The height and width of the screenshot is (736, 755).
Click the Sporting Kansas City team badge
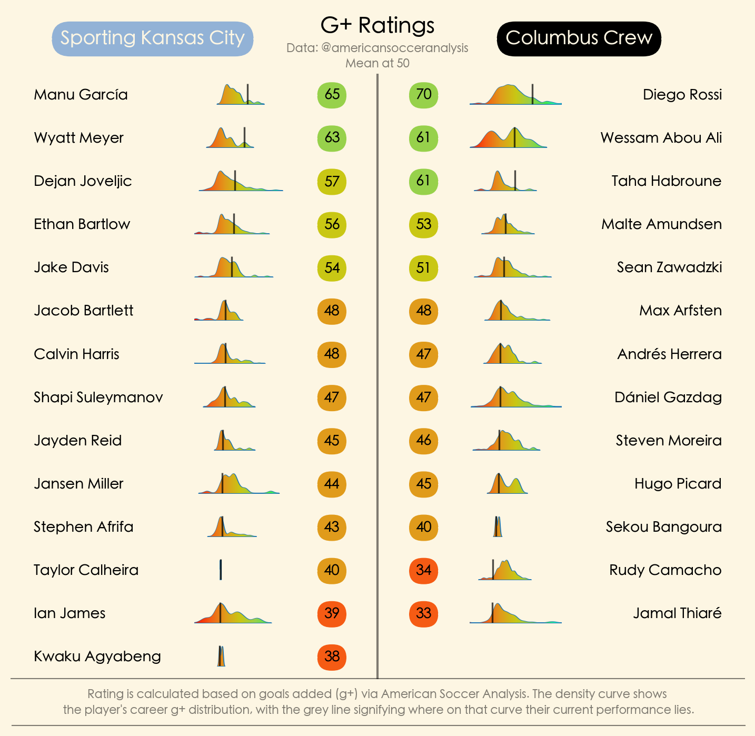point(153,38)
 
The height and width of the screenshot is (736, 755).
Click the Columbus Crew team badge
point(579,38)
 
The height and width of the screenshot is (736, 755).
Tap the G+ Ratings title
point(377,25)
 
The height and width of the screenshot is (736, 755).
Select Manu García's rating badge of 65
point(332,95)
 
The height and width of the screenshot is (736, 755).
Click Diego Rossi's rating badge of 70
point(423,95)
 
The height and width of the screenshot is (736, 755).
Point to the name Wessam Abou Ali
point(661,138)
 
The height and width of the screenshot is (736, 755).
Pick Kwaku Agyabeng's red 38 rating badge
point(332,657)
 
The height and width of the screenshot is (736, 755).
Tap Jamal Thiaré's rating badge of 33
point(423,613)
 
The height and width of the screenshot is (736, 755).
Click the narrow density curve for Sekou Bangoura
point(498,528)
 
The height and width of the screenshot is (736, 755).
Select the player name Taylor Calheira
point(86,570)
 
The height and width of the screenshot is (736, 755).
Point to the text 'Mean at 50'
point(377,63)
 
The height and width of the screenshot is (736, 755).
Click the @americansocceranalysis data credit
point(377,48)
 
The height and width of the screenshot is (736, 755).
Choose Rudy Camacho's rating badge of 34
point(423,570)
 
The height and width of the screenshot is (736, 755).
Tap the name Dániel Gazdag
point(668,397)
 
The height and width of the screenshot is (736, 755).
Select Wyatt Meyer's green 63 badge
point(332,138)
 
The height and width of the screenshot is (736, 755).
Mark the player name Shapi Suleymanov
point(98,397)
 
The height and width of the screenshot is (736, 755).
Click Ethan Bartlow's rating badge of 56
point(332,225)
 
